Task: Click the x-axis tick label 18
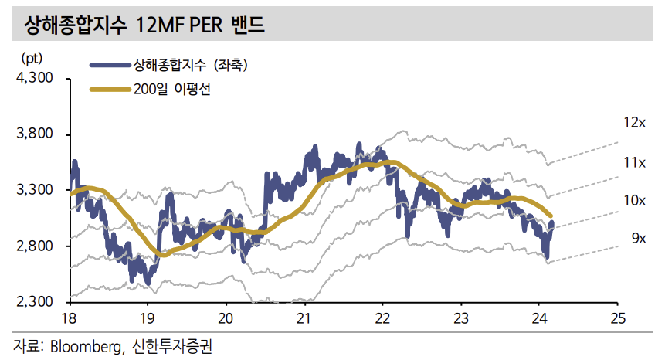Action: tap(70, 318)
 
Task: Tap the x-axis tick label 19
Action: tap(148, 318)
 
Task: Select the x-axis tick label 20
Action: tap(226, 318)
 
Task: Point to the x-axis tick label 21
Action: tap(304, 318)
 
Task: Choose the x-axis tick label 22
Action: tap(382, 318)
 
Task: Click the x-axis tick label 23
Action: tap(461, 318)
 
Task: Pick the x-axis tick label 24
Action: tap(539, 318)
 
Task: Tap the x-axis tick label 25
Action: tap(617, 318)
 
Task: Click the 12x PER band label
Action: tap(634, 123)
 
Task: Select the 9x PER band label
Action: tap(637, 239)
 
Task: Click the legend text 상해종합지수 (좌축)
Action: tap(190, 66)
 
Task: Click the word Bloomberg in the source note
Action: tap(84, 345)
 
